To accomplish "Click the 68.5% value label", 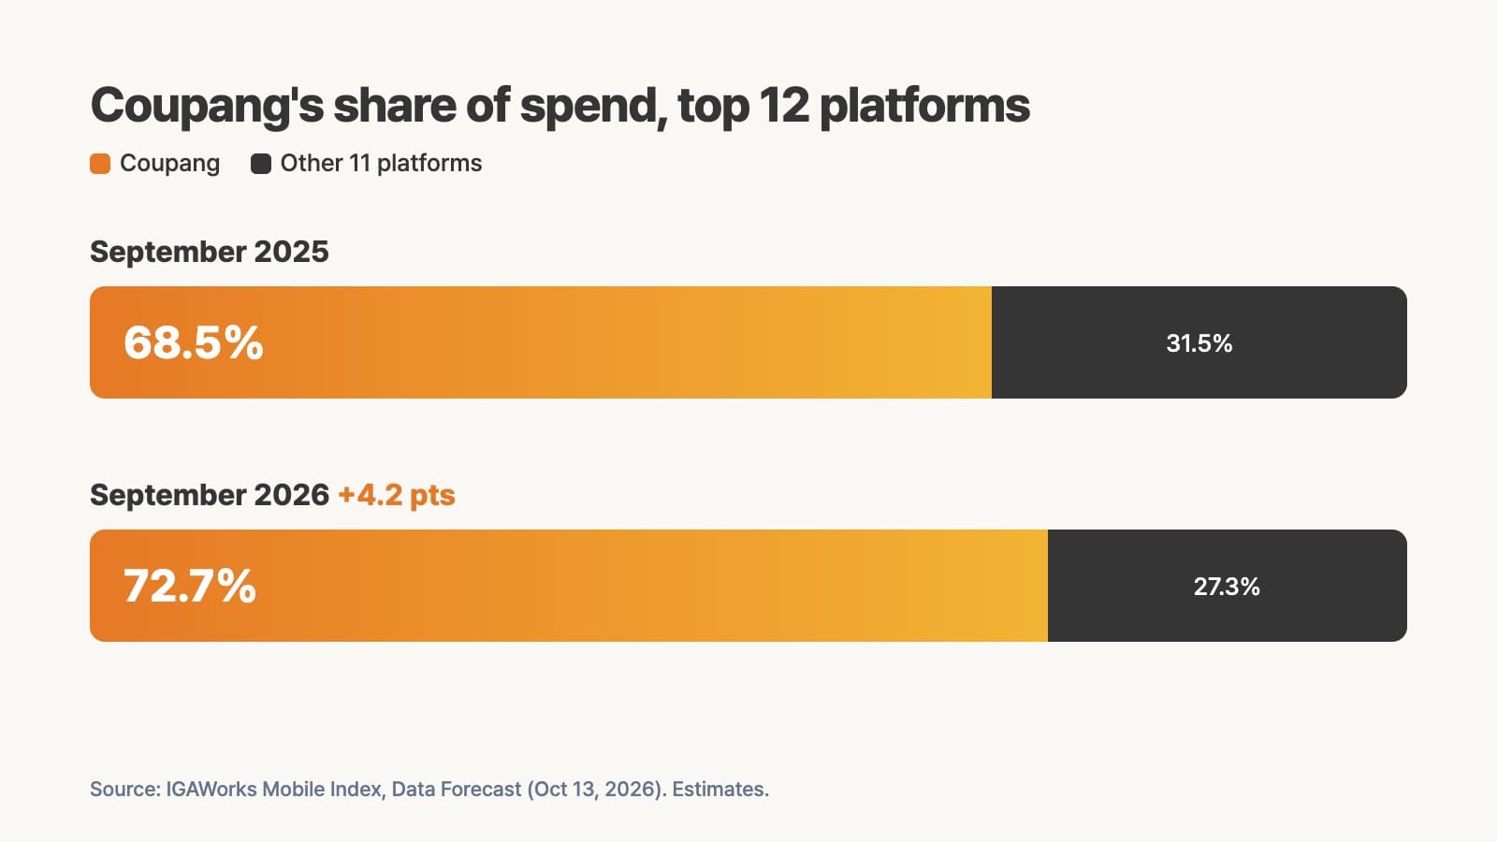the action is [193, 342].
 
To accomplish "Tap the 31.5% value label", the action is [1199, 343].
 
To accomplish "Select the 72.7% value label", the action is [190, 586].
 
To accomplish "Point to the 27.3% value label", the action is [1227, 587].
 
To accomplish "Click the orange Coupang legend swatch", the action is [100, 164].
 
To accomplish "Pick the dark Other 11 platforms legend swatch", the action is [261, 164].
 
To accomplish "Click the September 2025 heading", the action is [210, 252].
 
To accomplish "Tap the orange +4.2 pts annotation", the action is [397, 495].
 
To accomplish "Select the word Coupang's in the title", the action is [207, 107].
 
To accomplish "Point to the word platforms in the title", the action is [925, 107].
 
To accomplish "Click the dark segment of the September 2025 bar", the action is [1199, 342].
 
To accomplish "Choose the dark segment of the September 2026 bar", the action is [1227, 586].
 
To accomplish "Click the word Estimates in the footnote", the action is [719, 790].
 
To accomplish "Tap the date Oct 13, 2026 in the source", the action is [599, 790].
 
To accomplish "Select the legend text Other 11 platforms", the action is [381, 164].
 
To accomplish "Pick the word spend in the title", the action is [594, 107].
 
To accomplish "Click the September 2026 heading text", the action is [210, 495].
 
